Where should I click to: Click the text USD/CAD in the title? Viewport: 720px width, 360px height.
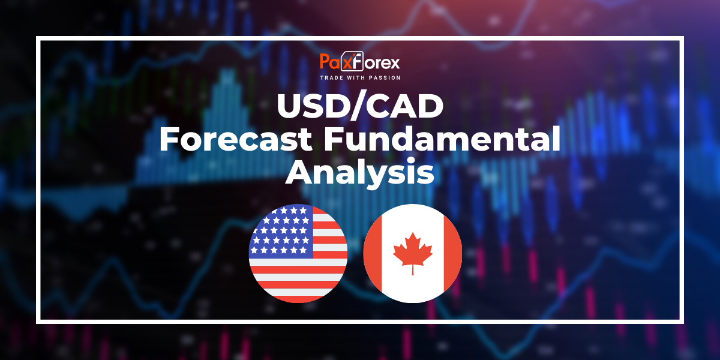359,107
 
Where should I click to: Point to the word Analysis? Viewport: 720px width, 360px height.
359,173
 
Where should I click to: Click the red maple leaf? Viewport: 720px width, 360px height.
412,253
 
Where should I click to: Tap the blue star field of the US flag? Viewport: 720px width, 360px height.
281,231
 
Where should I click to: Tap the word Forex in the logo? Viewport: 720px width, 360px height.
380,62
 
